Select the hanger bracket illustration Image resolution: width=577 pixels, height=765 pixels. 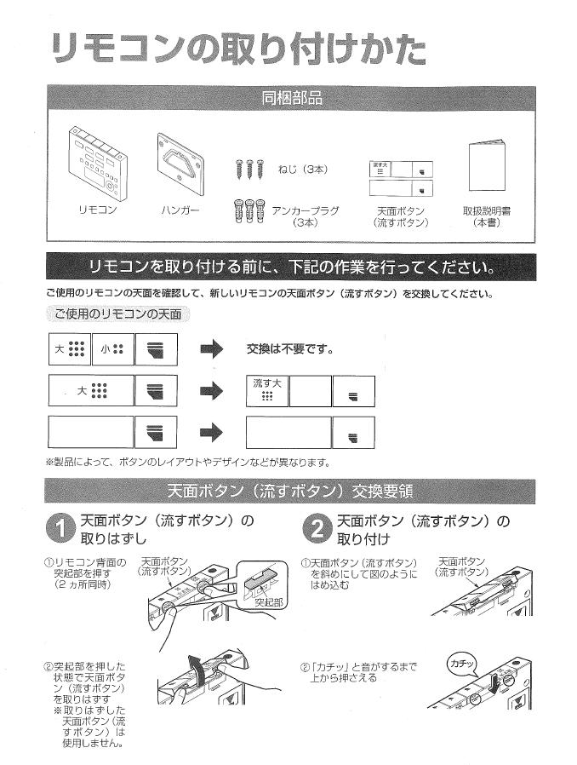click(x=180, y=159)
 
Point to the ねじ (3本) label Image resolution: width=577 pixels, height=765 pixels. click(x=302, y=169)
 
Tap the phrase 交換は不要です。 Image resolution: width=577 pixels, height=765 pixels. click(x=289, y=349)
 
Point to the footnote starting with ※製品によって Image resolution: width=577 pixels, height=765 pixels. click(x=187, y=462)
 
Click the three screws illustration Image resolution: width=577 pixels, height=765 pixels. click(x=243, y=170)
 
